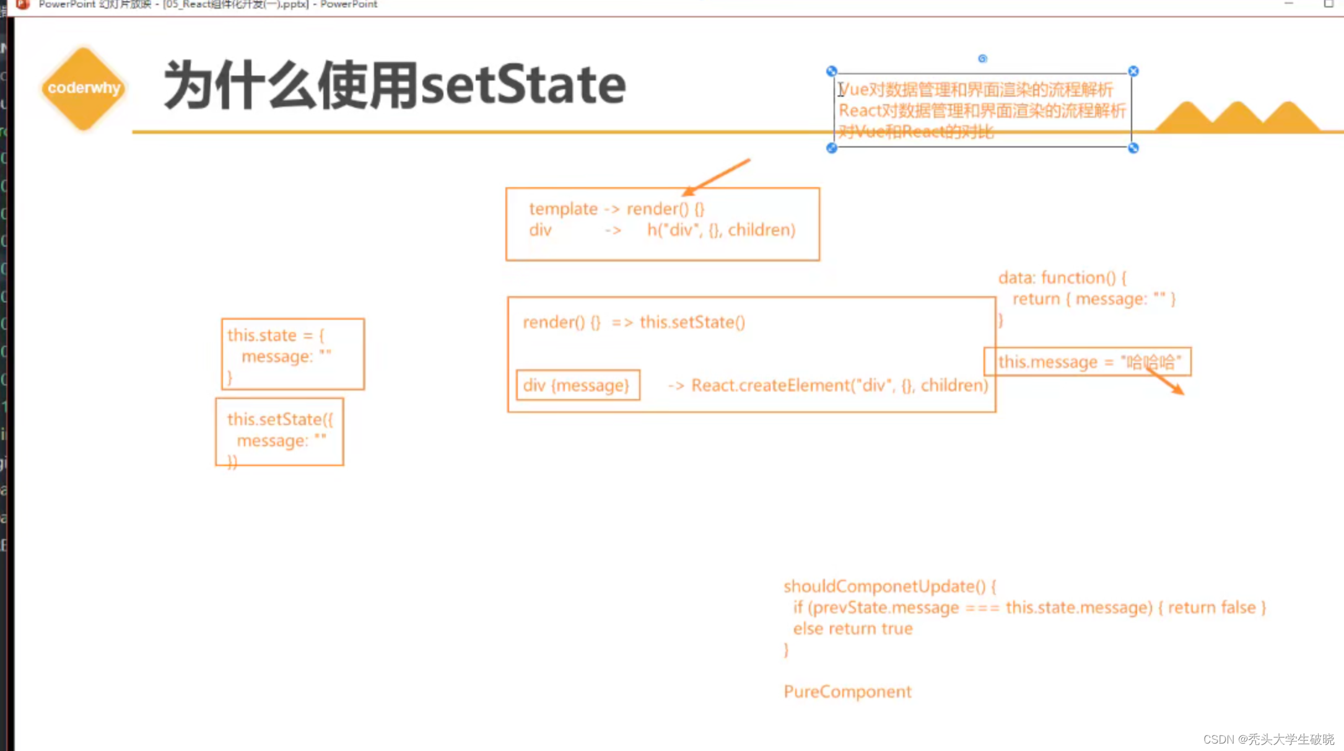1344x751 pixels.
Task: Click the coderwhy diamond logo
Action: click(x=84, y=89)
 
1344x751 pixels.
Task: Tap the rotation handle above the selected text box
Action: click(x=982, y=59)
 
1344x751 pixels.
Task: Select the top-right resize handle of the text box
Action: click(x=1133, y=71)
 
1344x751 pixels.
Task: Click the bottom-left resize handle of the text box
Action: click(x=832, y=148)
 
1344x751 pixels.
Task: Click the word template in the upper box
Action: click(x=563, y=209)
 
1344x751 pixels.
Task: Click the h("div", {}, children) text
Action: click(x=721, y=230)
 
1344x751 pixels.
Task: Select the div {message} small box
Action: click(x=577, y=385)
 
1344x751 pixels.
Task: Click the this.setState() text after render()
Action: click(x=692, y=322)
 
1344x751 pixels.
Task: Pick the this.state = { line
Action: click(x=276, y=335)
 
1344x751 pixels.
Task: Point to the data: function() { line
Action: click(x=1062, y=278)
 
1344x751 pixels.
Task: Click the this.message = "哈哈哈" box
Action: click(x=1088, y=362)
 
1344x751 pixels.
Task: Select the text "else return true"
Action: click(x=853, y=629)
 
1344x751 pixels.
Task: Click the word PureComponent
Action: click(x=847, y=692)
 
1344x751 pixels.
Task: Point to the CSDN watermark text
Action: click(x=1268, y=739)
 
